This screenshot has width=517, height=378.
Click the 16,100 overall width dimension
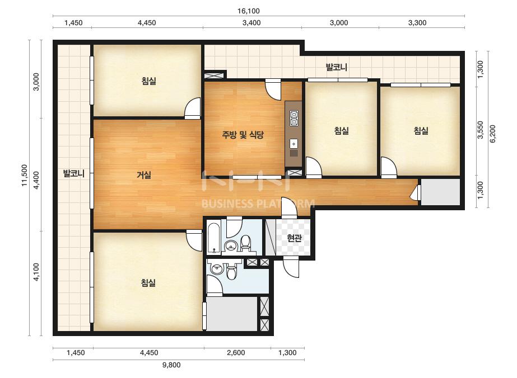pos(249,11)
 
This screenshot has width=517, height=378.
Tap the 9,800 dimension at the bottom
pos(171,365)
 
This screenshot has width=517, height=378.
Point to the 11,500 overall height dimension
pos(25,175)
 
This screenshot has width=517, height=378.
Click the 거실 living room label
pos(144,175)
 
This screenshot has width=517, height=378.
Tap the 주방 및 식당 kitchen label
pos(243,134)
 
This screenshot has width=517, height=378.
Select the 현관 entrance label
pos(294,238)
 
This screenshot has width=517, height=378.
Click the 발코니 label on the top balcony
pos(336,67)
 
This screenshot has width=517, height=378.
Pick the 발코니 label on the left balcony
pos(74,173)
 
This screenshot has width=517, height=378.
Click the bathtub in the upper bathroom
pos(215,238)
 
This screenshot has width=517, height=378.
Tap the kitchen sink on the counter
pos(294,144)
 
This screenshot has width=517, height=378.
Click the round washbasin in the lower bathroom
pos(217,269)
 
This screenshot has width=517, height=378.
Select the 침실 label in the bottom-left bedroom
pos(148,282)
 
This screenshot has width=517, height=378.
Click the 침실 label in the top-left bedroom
pos(148,81)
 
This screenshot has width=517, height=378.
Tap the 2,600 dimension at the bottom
pos(236,353)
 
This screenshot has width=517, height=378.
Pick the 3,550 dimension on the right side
pos(481,130)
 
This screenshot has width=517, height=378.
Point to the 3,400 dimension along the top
pos(251,23)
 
